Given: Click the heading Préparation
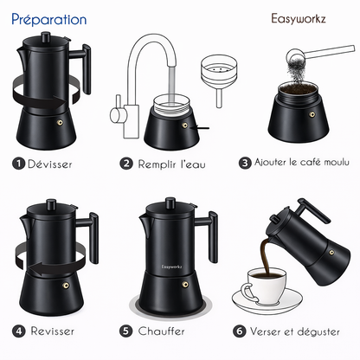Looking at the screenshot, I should (x=49, y=18).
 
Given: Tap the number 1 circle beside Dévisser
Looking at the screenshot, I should (x=18, y=163).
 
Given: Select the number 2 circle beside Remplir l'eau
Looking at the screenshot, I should (x=127, y=163).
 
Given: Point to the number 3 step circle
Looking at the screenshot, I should (x=246, y=163).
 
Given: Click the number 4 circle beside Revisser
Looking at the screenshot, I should (x=18, y=331).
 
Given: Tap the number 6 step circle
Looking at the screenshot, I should (x=239, y=331).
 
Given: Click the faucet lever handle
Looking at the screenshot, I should (x=115, y=113).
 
